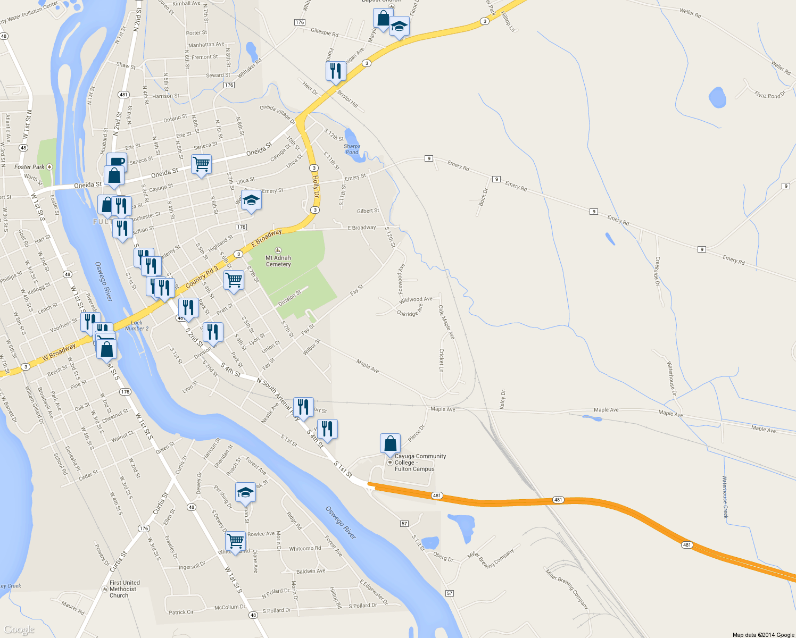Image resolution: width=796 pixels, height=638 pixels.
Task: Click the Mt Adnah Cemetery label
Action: [278, 261]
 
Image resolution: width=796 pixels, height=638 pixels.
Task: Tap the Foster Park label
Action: [30, 167]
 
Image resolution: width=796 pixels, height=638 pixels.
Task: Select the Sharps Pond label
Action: [352, 149]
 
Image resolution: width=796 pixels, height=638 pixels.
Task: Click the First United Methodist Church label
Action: [125, 589]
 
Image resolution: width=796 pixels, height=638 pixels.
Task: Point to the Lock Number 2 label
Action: [137, 325]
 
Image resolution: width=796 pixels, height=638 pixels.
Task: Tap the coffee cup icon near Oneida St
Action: [117, 162]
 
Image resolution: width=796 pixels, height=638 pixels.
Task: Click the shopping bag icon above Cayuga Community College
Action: [390, 443]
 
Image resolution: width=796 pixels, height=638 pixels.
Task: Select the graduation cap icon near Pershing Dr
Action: [245, 492]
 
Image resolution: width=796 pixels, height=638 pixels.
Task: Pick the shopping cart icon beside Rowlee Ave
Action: [235, 541]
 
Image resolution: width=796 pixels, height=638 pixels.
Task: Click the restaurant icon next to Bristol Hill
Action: [336, 71]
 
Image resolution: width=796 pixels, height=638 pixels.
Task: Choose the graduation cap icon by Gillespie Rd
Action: [399, 27]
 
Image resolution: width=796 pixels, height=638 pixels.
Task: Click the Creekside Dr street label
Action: [658, 271]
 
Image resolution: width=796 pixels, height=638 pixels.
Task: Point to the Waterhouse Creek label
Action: [725, 497]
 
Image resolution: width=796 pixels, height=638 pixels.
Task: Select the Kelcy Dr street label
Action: [503, 399]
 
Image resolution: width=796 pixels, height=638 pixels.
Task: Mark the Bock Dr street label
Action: [483, 197]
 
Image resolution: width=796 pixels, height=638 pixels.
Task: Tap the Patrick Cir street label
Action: [181, 612]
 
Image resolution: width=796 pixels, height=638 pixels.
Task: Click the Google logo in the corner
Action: [19, 629]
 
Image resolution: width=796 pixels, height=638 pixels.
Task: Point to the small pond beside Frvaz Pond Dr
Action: [717, 97]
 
